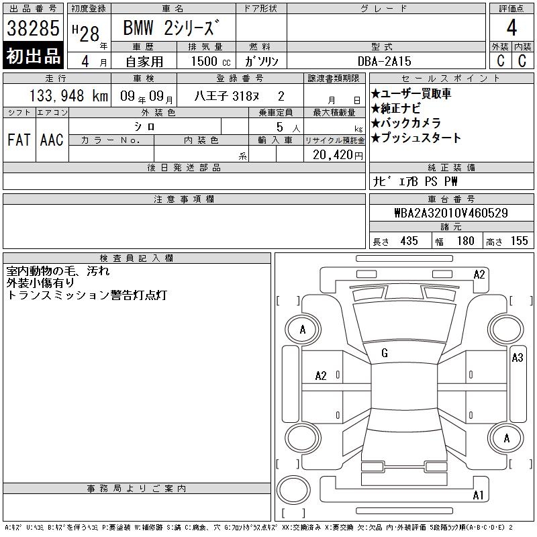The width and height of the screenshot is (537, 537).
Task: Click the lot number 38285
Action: pos(33,28)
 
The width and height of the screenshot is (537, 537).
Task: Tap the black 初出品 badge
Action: pos(33,56)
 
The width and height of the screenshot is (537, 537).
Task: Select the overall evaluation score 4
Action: pos(511,28)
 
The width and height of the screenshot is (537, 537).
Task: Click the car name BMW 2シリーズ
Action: pos(171,28)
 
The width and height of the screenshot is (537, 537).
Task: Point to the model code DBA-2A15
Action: pos(384,61)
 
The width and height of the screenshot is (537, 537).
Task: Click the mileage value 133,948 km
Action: pos(68,95)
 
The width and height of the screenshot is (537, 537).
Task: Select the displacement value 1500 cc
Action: pos(211,61)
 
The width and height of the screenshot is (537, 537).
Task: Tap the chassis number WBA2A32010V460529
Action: pos(451,213)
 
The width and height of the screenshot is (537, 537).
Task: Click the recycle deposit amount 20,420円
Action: pos(338,155)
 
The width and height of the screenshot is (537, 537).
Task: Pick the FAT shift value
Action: pos(19,140)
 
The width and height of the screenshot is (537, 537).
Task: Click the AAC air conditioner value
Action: pos(52,140)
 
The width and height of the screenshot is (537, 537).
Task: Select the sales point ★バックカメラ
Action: pos(406,123)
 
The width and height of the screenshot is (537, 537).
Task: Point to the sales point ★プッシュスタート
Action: pos(416,138)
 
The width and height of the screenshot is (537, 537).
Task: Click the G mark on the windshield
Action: pos(385,353)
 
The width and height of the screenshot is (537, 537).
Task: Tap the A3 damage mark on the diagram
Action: pos(518,358)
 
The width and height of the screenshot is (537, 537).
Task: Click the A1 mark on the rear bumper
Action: pos(478,495)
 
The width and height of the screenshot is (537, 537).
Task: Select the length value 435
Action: pos(409,241)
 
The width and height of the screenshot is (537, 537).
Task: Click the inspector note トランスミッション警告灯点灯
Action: pos(87,295)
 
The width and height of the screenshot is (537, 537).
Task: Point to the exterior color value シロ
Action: pos(144,127)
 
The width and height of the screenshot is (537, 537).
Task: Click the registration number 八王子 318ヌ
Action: pos(226,96)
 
